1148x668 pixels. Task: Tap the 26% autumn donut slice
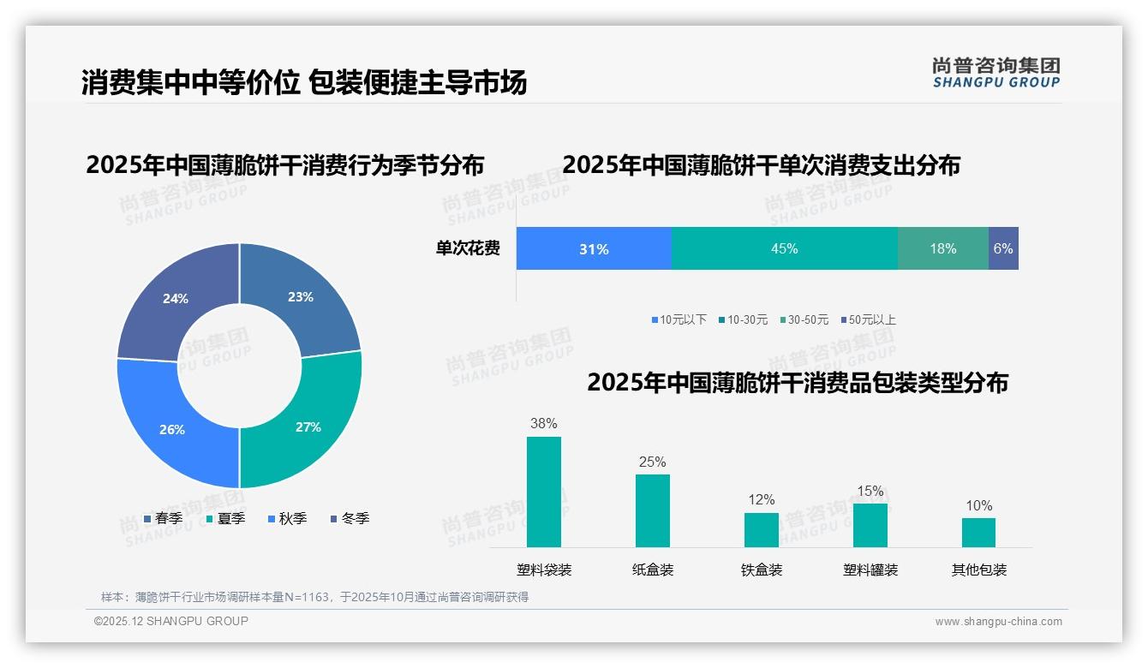pyautogui.click(x=172, y=429)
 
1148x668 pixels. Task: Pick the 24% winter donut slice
pyautogui.click(x=176, y=299)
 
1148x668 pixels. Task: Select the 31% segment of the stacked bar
pyautogui.click(x=594, y=249)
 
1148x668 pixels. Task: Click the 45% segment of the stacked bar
pyautogui.click(x=784, y=249)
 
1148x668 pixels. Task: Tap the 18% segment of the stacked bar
pyautogui.click(x=942, y=249)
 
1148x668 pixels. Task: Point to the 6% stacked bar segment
pyautogui.click(x=1003, y=249)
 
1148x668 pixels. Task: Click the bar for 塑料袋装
pyautogui.click(x=544, y=492)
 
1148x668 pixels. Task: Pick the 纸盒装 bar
pyautogui.click(x=652, y=510)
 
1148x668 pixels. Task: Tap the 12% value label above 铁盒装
pyautogui.click(x=761, y=499)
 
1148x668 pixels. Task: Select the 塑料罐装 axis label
pyautogui.click(x=870, y=570)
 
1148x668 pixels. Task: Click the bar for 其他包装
pyautogui.click(x=978, y=532)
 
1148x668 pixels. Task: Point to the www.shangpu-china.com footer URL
pyautogui.click(x=998, y=622)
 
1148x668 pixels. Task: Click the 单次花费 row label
pyautogui.click(x=468, y=249)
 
